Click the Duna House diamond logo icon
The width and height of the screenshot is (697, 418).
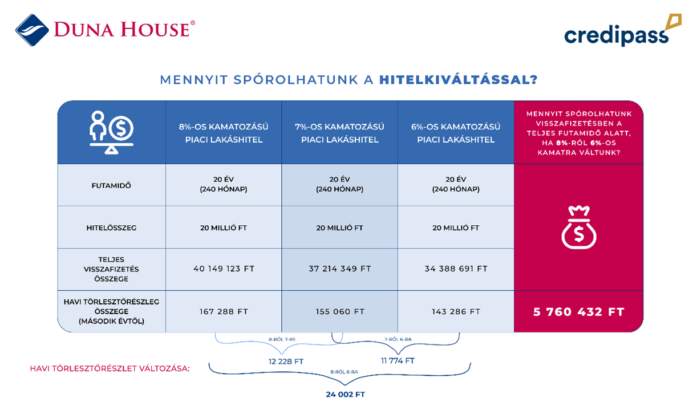[x=33, y=30]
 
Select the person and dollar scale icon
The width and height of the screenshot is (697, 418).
[x=111, y=132]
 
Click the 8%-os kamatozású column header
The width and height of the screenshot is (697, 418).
[x=223, y=133]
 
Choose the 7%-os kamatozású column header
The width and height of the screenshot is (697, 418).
[x=339, y=133]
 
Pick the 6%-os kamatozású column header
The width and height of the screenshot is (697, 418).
[x=455, y=133]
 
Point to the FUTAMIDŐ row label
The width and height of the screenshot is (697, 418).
[x=111, y=185]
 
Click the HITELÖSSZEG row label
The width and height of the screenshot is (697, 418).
[x=111, y=228]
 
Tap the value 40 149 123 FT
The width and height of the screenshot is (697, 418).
[x=223, y=269]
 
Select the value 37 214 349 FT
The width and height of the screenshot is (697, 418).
[x=339, y=269]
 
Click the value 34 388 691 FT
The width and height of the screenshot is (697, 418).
[x=456, y=269]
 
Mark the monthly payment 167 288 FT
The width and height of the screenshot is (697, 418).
[x=223, y=312]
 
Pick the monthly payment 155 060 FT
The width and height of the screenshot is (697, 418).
[x=339, y=312]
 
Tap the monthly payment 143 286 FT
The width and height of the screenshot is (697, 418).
[x=456, y=312]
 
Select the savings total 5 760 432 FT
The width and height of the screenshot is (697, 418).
[x=578, y=312]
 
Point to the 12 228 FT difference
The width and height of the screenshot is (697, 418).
[x=286, y=362]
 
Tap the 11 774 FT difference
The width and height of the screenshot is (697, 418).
[x=398, y=361]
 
